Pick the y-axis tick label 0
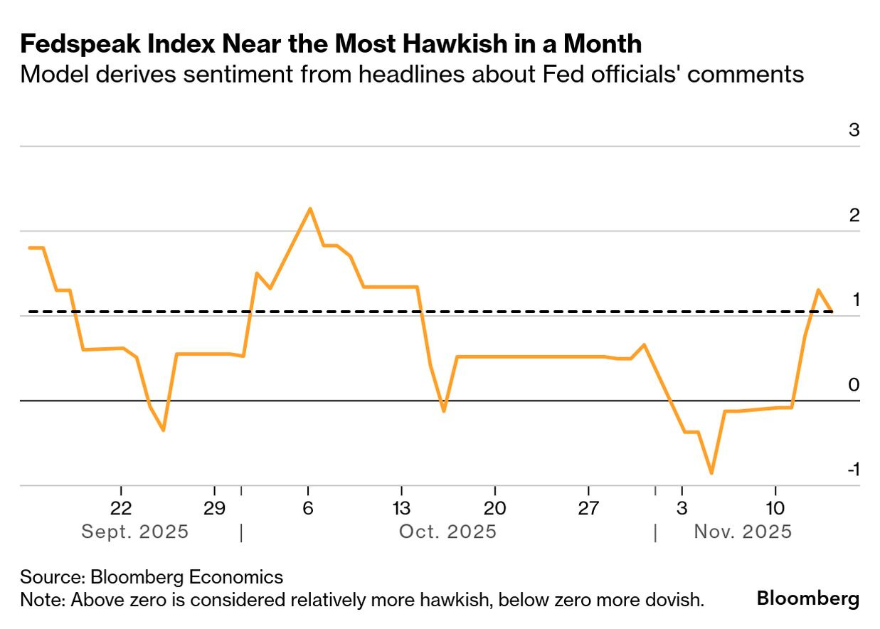tap(854, 385)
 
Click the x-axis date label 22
tap(122, 509)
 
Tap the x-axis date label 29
tap(214, 509)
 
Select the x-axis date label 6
tap(308, 509)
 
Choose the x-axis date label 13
tap(401, 509)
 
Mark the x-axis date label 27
tap(588, 509)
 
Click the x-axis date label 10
tap(775, 509)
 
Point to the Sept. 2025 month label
tap(135, 532)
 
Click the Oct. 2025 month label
tap(447, 532)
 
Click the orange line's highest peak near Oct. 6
tap(309, 208)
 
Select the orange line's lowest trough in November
tap(711, 473)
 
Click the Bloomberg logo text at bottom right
tap(807, 598)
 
